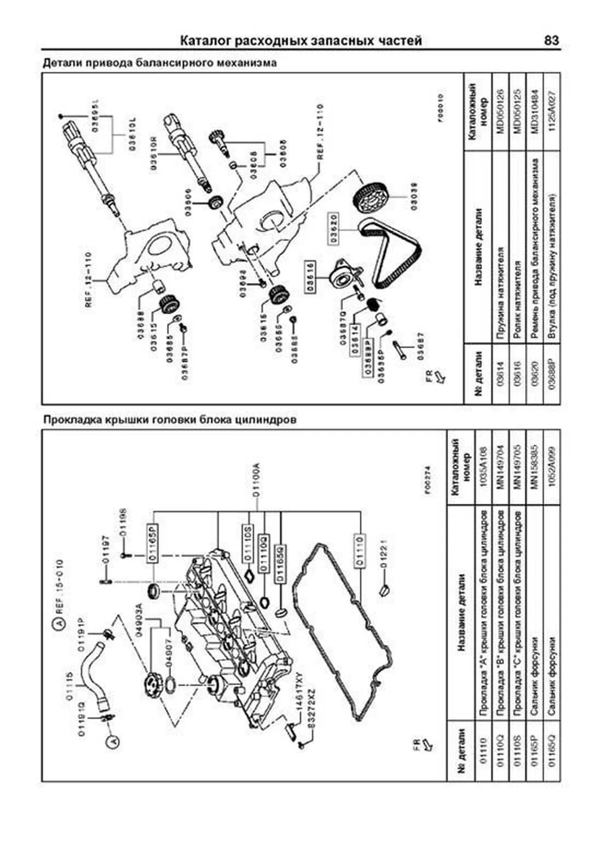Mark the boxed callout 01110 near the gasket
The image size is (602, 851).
coord(359,552)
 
